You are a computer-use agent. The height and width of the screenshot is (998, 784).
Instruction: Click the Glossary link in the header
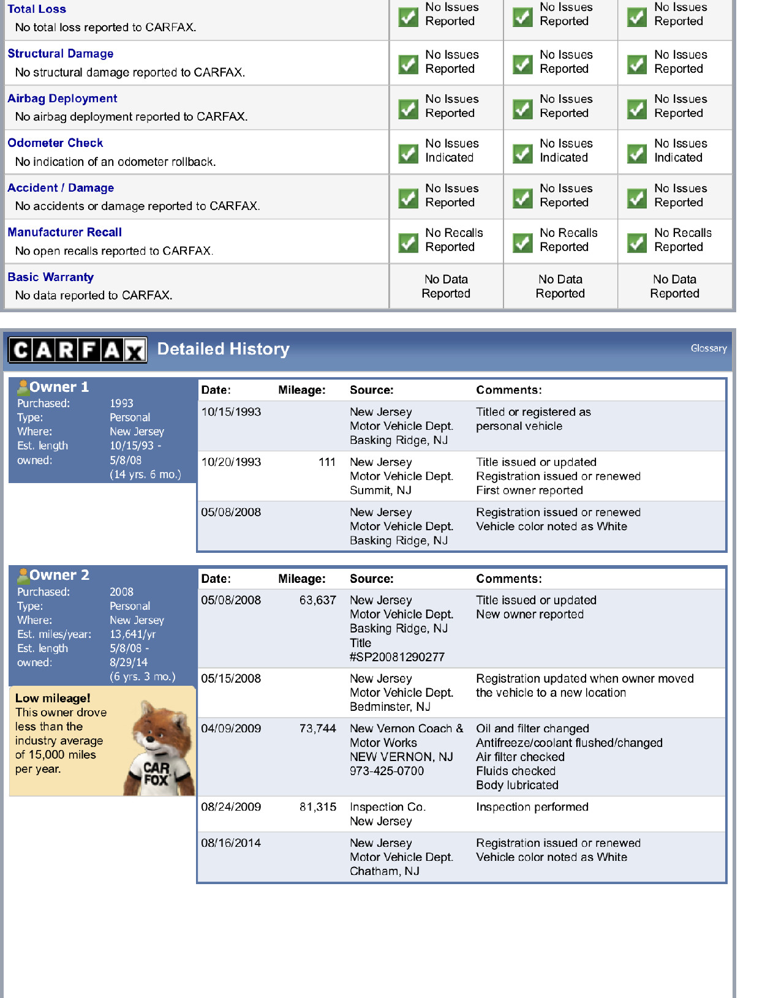coord(708,348)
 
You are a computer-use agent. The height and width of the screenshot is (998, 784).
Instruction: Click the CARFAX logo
coord(78,350)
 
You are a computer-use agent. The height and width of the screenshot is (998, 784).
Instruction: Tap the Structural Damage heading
coord(61,54)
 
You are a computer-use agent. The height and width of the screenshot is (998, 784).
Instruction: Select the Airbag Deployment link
coord(62,99)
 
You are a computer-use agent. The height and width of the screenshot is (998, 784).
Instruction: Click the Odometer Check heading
coord(55,143)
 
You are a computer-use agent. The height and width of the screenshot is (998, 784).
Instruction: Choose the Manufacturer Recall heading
coord(64,233)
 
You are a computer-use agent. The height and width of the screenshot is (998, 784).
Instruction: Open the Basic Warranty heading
coord(51,277)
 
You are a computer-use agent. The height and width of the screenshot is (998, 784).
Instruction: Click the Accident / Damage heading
coord(61,188)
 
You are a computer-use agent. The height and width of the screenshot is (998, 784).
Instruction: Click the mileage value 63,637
coord(317,601)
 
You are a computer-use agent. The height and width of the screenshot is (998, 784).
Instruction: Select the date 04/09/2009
coord(231,729)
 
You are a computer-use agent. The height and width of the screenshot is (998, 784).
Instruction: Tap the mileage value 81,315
coord(317,807)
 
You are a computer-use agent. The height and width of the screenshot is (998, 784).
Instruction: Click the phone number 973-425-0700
coord(386,771)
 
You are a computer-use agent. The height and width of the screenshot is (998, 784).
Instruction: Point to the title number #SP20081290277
coord(397,657)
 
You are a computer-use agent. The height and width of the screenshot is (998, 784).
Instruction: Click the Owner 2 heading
coord(59,575)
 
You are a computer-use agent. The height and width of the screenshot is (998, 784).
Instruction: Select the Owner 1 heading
coord(59,387)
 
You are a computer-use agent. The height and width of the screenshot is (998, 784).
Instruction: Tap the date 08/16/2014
coord(231,843)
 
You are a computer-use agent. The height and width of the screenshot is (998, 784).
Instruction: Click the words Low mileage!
coord(53,698)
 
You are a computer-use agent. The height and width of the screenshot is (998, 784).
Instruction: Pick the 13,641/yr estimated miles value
coord(132,634)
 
